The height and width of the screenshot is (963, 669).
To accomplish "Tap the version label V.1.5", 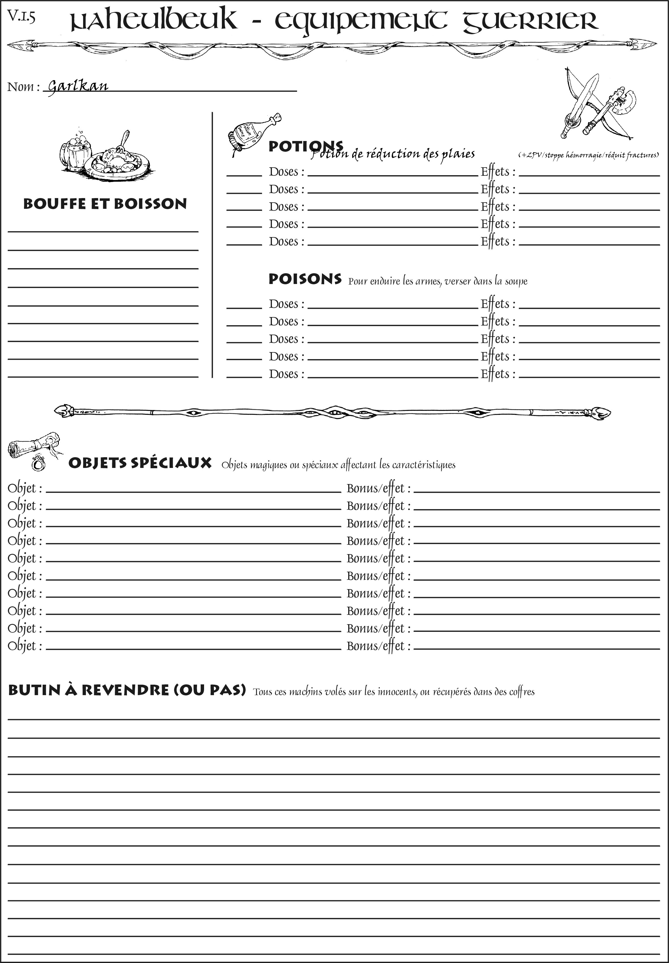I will coord(21,17).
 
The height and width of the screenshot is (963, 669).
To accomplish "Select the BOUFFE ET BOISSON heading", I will coord(105,204).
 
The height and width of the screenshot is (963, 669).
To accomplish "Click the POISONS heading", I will coord(305,279).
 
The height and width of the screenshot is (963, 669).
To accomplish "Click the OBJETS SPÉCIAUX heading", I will coord(140,463).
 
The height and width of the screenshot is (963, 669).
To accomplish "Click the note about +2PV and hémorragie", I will coord(588,155).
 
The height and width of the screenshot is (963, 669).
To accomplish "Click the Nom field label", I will coord(23,87).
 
